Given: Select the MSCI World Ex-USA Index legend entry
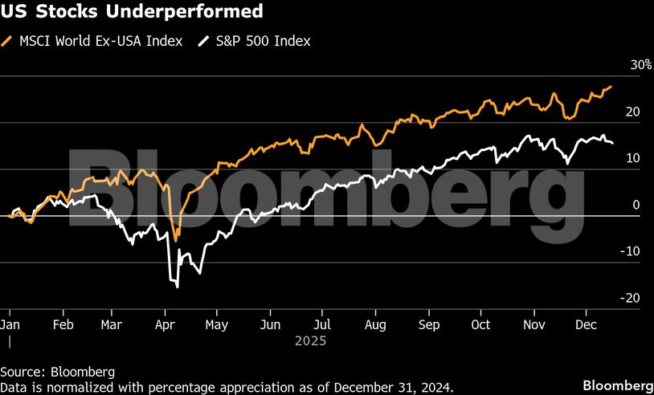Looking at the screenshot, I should pyautogui.click(x=100, y=41).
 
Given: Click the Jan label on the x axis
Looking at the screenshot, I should pyautogui.click(x=10, y=325).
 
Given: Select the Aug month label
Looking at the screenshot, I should pyautogui.click(x=375, y=325).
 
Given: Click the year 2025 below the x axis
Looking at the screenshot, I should pyautogui.click(x=309, y=341).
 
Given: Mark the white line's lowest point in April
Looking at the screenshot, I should pyautogui.click(x=177, y=287).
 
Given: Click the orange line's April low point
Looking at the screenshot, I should pyautogui.click(x=177, y=240).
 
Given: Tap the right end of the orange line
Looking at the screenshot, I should pyautogui.click(x=611, y=87).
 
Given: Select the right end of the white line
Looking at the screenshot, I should pyautogui.click(x=613, y=143).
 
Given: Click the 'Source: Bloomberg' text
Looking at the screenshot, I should pyautogui.click(x=57, y=372).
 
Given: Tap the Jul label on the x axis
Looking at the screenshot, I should pyautogui.click(x=321, y=325).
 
